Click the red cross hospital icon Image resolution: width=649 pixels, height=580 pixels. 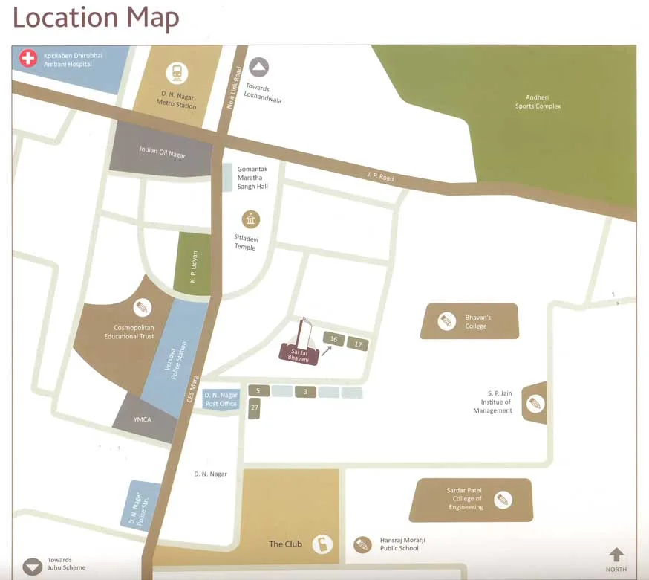(28, 58)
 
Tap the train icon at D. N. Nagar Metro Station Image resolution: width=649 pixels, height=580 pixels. (177, 73)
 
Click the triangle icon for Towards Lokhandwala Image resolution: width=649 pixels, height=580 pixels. (258, 68)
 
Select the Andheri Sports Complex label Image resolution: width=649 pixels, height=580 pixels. (538, 102)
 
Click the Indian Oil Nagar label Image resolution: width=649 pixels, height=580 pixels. (163, 153)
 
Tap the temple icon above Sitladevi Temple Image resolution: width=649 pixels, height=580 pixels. (251, 219)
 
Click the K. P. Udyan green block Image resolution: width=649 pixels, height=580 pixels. (192, 262)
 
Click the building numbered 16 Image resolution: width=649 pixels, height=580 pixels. (333, 340)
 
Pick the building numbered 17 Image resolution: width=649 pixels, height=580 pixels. (358, 344)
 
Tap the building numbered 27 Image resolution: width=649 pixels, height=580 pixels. (254, 407)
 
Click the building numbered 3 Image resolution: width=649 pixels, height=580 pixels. (305, 392)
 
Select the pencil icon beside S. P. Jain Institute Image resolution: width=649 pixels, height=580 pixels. (534, 404)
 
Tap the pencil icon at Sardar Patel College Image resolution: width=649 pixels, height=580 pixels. (503, 499)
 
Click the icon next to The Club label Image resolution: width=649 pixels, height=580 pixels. (321, 544)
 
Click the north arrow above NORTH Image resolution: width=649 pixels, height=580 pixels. (616, 555)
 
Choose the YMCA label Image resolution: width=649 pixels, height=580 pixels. (143, 420)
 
